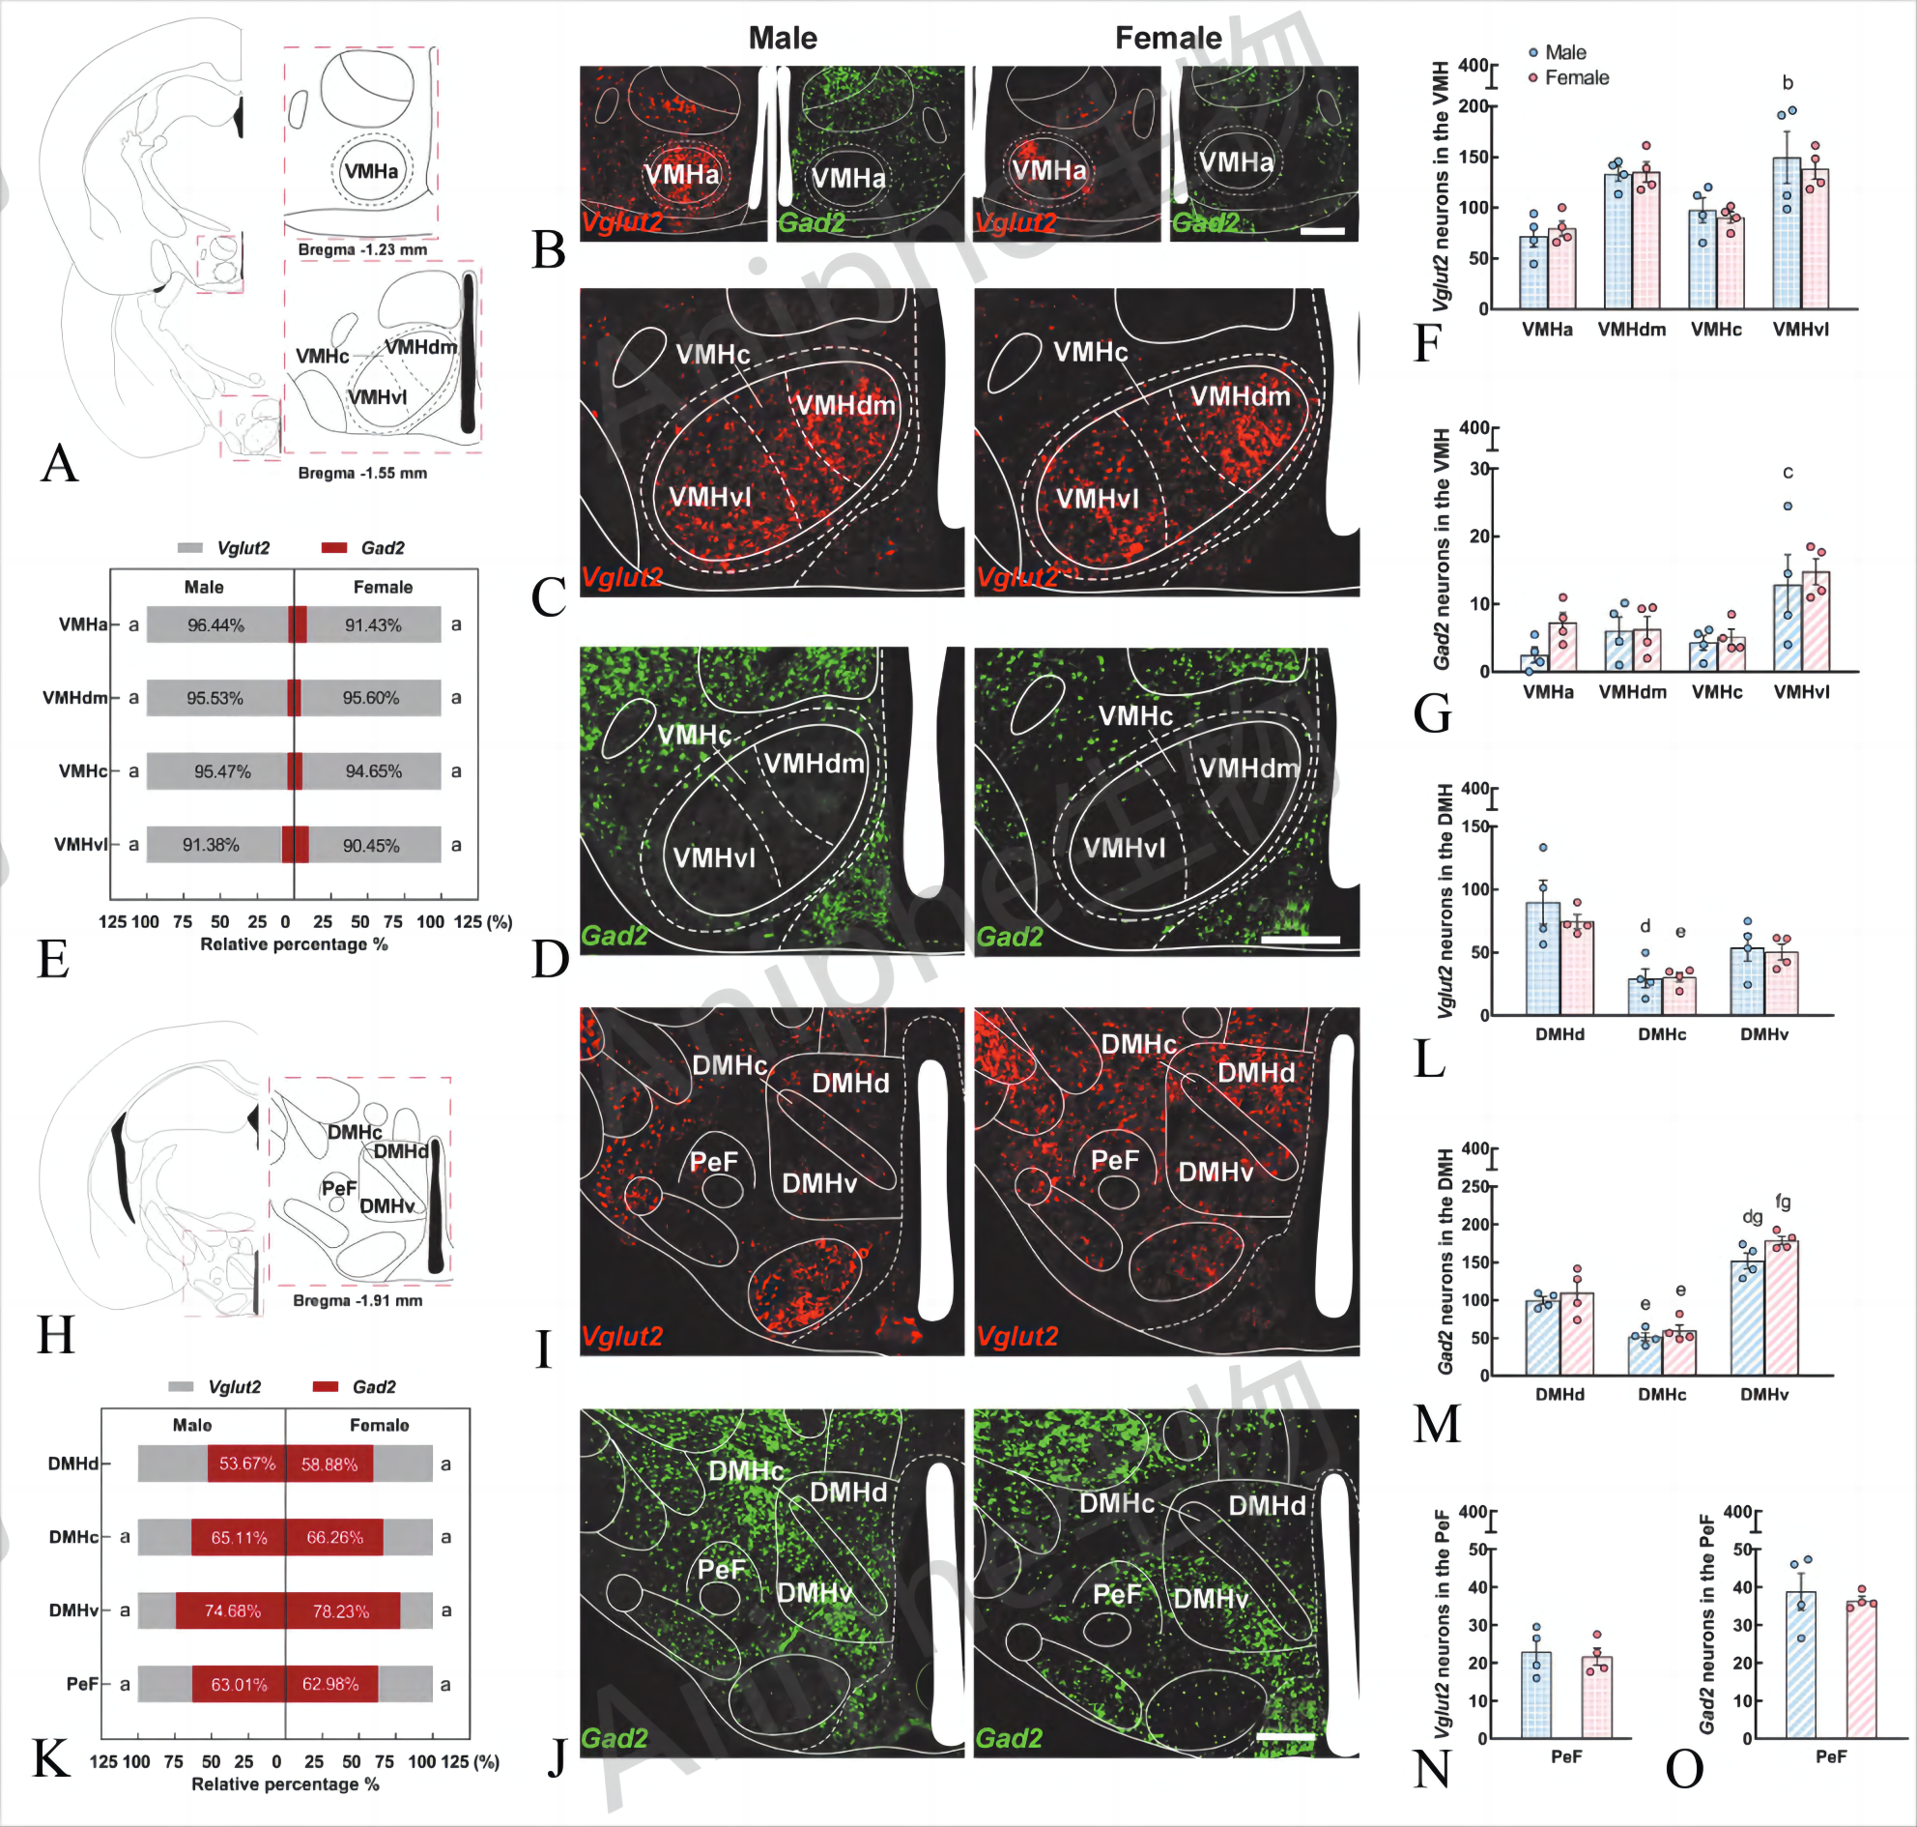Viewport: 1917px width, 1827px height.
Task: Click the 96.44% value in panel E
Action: (215, 625)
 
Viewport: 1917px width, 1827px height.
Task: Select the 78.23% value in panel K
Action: (341, 1610)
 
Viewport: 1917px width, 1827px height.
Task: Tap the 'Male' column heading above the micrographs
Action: (783, 38)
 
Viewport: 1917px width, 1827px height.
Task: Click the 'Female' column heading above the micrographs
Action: (1167, 38)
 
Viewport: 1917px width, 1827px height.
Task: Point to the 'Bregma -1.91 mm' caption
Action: (358, 1300)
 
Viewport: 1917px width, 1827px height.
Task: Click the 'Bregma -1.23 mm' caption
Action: (362, 249)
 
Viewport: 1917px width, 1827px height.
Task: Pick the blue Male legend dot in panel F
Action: (1533, 52)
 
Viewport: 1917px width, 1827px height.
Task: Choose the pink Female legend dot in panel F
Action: (1533, 78)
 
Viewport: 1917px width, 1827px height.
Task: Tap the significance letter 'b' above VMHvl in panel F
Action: (1787, 83)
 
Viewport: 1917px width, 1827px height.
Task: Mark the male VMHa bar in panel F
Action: (1533, 273)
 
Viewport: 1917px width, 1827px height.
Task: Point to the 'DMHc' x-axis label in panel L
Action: (1661, 1034)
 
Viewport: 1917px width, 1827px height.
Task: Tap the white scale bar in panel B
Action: (1322, 231)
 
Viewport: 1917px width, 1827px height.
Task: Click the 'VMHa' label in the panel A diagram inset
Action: (371, 171)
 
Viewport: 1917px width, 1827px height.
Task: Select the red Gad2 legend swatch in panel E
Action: (334, 548)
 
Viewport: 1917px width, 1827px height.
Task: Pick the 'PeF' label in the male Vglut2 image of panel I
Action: (714, 1161)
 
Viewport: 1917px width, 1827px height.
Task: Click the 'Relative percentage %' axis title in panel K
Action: (285, 1784)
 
